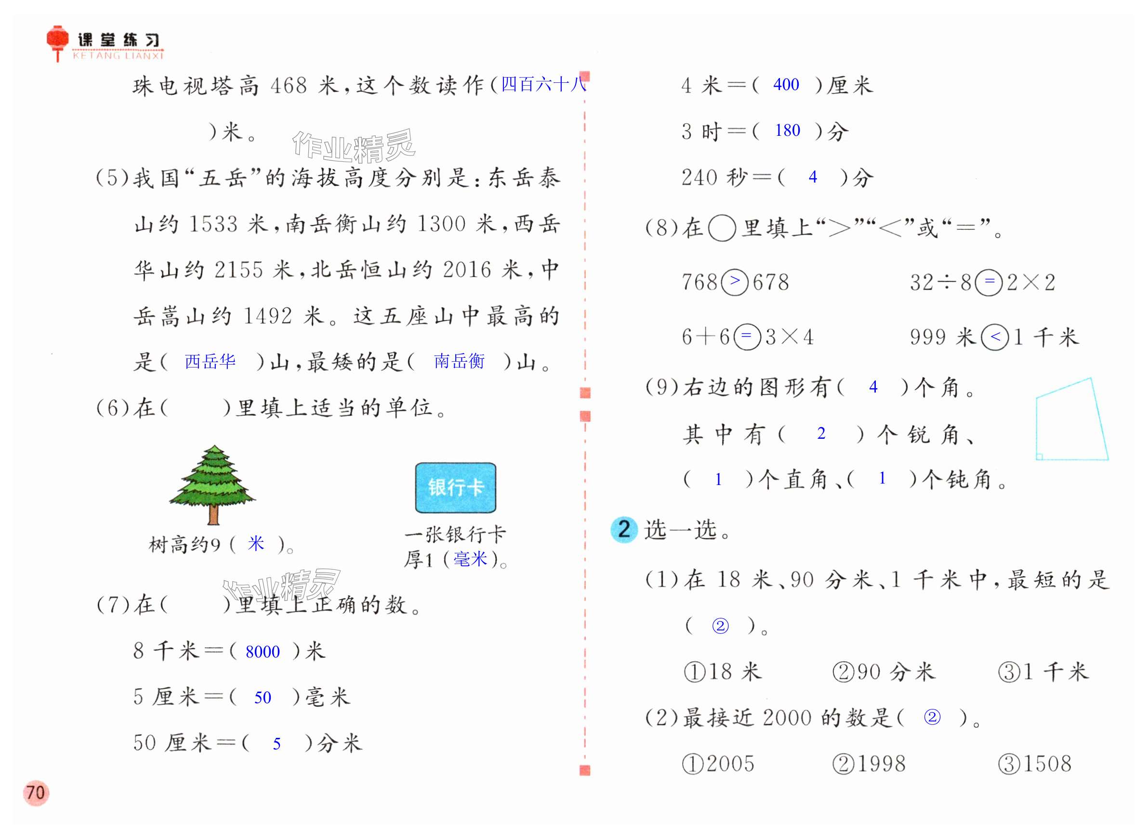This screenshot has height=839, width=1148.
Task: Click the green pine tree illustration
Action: point(213,483)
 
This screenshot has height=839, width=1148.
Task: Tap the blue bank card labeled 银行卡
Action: point(455,487)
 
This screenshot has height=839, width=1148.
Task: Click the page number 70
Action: point(36,793)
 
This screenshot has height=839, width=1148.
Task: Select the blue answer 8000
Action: point(262,652)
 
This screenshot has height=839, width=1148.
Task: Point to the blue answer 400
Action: point(786,85)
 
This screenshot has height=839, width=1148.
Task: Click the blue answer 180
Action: point(787,131)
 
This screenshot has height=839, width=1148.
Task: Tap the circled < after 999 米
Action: point(995,337)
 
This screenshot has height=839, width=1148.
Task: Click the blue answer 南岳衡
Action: point(459,361)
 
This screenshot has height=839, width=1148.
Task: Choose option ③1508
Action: point(1035,764)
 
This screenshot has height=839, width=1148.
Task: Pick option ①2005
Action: point(718,764)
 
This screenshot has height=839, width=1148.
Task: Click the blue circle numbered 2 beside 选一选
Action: point(624,530)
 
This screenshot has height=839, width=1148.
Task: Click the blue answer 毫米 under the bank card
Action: point(470,559)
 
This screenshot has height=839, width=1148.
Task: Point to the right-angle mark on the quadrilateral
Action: point(1039,457)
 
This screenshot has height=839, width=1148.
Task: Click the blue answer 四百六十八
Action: point(543,84)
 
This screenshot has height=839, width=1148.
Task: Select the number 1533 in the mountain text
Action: point(213,224)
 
